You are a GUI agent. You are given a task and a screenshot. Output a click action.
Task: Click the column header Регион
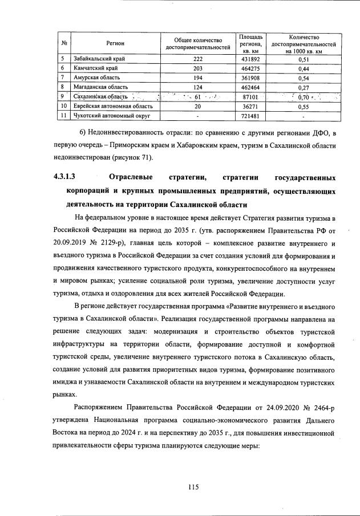[x=115, y=43]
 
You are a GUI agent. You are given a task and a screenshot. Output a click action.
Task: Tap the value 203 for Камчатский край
[x=197, y=68]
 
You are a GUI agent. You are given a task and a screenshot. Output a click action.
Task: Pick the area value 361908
[x=252, y=78]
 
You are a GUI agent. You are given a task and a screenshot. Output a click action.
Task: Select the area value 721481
[x=252, y=116]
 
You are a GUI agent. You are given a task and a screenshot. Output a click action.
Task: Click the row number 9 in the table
[x=64, y=97]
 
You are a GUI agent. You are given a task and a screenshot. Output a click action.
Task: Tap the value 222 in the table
[x=197, y=59]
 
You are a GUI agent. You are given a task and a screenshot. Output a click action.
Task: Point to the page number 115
[x=192, y=486]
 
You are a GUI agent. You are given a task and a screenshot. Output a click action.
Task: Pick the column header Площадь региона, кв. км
[x=252, y=43]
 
